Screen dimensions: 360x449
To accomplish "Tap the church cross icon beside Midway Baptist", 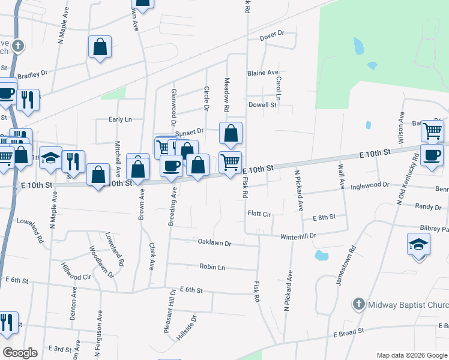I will point(358,304).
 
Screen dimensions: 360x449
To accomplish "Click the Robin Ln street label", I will point(212,267).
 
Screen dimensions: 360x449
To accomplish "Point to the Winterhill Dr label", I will point(298,237).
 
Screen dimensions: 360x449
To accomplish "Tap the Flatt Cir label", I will point(259,214).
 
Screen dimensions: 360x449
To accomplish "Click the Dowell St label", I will point(262,104).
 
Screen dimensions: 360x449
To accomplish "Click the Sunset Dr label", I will point(189,130).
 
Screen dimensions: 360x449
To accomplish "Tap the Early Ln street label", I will point(120,119).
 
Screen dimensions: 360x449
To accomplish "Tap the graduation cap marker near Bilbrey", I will point(419,245).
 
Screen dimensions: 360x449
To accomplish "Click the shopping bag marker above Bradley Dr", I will point(100,47).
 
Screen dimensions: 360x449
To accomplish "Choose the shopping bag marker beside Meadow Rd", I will point(231,134).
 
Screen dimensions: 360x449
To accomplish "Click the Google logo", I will point(20,353).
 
